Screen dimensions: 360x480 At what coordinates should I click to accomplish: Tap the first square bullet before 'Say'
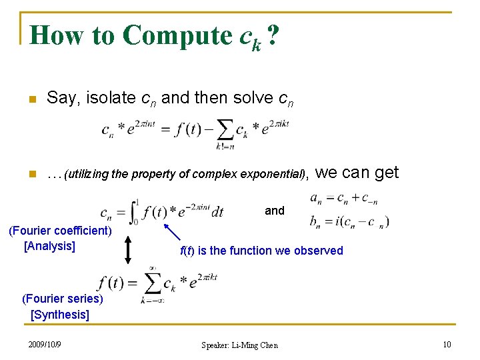(31, 99)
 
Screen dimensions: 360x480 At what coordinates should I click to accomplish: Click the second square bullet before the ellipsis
(31, 175)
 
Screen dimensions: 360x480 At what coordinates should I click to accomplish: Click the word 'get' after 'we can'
(387, 173)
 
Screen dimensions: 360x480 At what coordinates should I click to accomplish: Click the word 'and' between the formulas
(275, 211)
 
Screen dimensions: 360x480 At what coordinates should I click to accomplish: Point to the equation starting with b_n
(349, 221)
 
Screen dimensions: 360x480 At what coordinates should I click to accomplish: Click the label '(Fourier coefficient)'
(59, 231)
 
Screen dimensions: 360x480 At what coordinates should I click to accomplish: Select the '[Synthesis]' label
(60, 314)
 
